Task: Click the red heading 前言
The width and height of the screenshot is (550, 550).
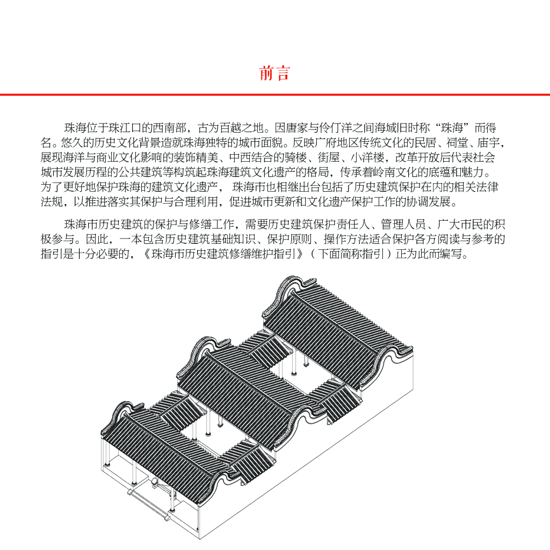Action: click(x=274, y=74)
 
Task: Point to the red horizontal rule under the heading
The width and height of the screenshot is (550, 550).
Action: click(x=275, y=95)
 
